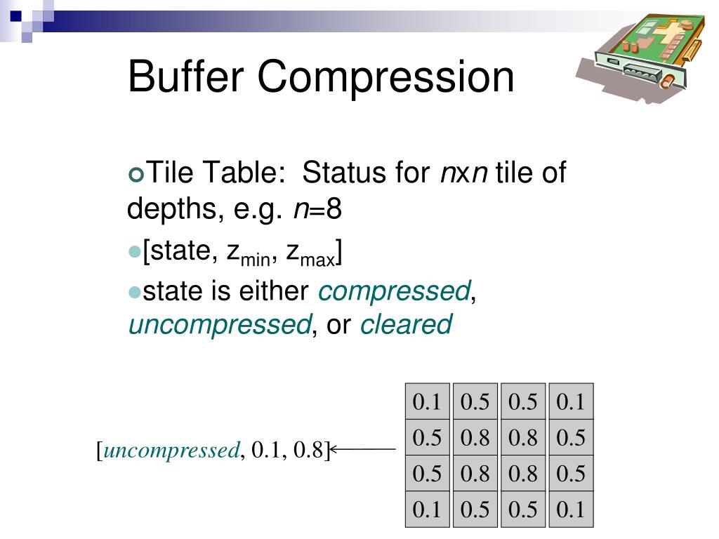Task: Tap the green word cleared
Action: point(406,325)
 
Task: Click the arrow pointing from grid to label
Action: point(363,449)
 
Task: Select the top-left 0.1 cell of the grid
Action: point(427,402)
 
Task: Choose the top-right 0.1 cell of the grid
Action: point(570,402)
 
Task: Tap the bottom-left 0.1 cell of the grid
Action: point(427,510)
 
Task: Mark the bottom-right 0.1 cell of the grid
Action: point(570,510)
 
